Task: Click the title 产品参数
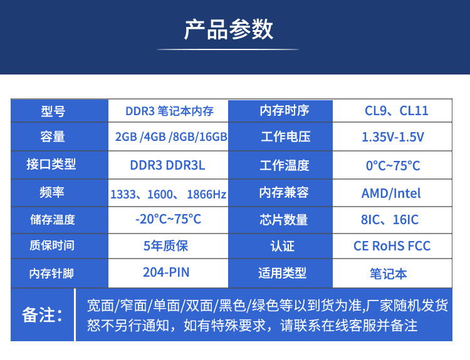click(x=229, y=29)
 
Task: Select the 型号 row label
click(x=53, y=111)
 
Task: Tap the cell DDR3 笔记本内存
click(x=169, y=111)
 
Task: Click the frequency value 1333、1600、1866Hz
click(x=169, y=194)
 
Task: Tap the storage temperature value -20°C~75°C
click(x=168, y=219)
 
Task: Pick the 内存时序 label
click(x=285, y=111)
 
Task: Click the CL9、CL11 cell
click(x=397, y=111)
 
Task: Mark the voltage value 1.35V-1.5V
click(x=393, y=137)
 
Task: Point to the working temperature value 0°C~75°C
click(x=393, y=165)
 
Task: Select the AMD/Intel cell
click(x=391, y=193)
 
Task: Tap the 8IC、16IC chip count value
click(x=392, y=220)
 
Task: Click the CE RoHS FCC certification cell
click(x=392, y=246)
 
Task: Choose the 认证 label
click(x=283, y=246)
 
